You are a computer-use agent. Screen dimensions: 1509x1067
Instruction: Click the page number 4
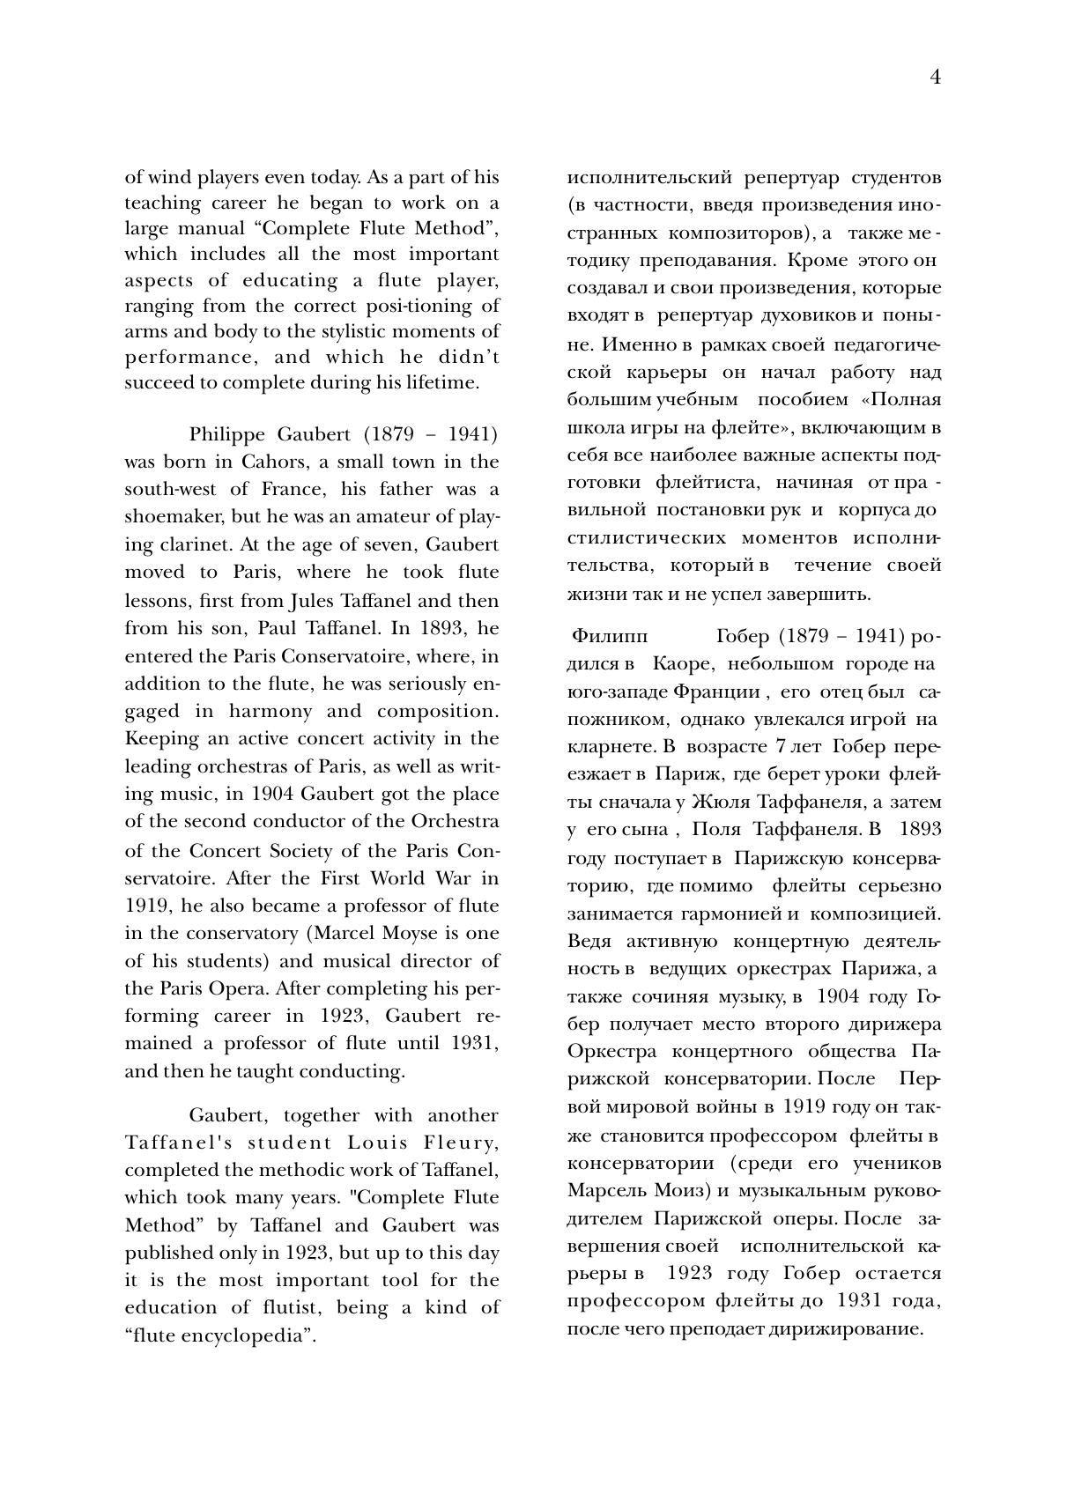click(935, 78)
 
